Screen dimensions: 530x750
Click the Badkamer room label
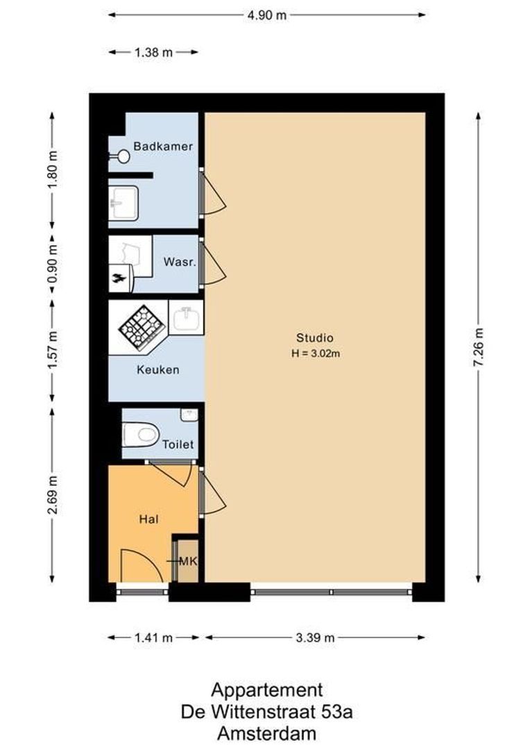click(x=163, y=147)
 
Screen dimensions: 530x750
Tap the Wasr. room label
click(x=180, y=262)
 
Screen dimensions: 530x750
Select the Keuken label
click(x=158, y=369)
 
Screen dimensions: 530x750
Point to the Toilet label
click(x=178, y=444)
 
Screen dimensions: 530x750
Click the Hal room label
click(x=148, y=519)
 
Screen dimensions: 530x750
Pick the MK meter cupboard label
click(x=188, y=561)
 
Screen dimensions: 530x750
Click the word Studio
click(x=315, y=337)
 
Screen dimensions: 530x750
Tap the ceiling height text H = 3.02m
click(x=316, y=354)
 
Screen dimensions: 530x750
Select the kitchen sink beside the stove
click(x=186, y=317)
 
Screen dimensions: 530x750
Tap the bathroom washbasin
click(x=123, y=203)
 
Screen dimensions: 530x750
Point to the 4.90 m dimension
click(x=266, y=15)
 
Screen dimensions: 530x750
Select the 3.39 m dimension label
click(x=315, y=637)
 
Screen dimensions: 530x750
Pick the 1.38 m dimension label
click(x=153, y=52)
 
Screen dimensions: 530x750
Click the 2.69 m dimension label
click(x=53, y=495)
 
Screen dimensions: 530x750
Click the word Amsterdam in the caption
click(x=266, y=733)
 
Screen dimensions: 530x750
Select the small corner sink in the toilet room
click(x=189, y=414)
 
